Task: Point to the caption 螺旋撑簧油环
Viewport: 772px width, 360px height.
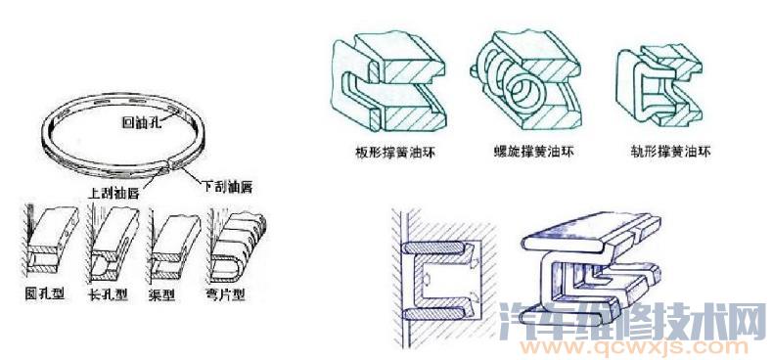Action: [528, 154]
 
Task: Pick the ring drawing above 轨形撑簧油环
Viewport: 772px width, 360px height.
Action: [661, 83]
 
